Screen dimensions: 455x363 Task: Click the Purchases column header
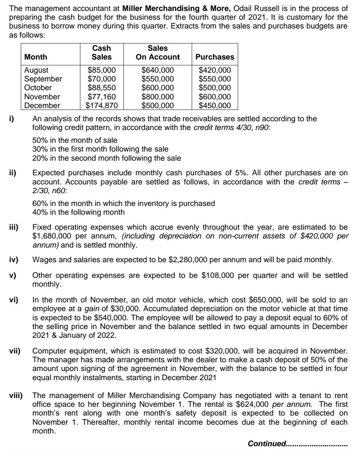point(215,57)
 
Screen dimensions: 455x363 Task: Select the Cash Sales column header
point(102,53)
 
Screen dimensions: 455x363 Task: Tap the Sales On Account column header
point(157,53)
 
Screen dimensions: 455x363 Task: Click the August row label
point(36,70)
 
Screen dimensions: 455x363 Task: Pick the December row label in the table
point(42,106)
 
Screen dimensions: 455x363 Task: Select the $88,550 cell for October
point(102,88)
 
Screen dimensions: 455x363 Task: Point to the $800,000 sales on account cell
point(157,97)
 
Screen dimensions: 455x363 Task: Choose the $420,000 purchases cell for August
point(215,70)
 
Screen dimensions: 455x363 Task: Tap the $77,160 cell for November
point(102,97)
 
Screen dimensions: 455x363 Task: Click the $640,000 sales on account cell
point(157,70)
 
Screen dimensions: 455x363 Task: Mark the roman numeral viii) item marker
point(16,395)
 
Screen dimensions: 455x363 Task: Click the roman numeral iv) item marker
point(14,260)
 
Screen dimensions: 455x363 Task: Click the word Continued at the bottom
point(267,443)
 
